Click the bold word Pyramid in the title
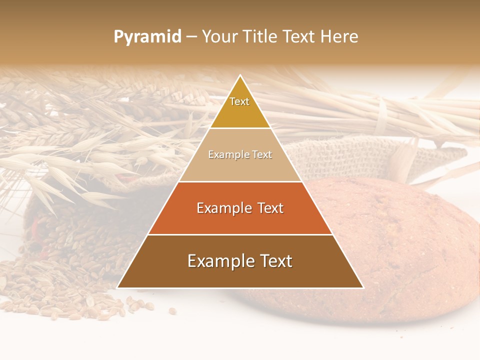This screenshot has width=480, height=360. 147,36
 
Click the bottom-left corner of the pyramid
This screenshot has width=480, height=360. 118,287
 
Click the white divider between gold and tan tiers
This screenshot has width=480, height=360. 240,128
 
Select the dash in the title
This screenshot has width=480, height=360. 191,36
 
